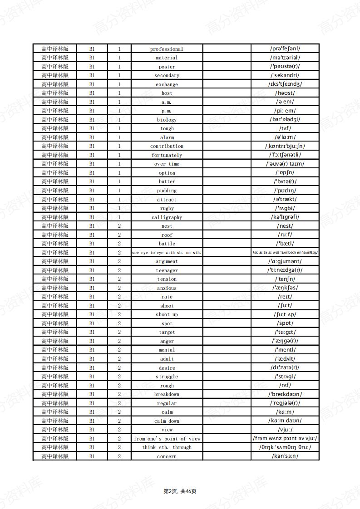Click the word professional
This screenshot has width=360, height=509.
[x=167, y=49]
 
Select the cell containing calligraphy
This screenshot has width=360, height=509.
[x=167, y=217]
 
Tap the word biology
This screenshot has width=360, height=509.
[x=167, y=120]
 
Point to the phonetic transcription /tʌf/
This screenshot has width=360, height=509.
[x=285, y=128]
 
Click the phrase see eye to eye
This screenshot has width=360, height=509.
[x=167, y=253]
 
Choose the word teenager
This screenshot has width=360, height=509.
[x=167, y=270]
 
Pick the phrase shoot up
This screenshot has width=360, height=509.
[x=167, y=314]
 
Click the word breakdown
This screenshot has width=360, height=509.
[x=167, y=394]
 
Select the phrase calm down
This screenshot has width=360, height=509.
[x=167, y=421]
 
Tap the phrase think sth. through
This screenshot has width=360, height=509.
[x=167, y=447]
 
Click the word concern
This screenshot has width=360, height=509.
[x=167, y=456]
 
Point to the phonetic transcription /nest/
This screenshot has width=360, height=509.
[x=285, y=226]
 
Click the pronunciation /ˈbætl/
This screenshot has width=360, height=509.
[x=285, y=244]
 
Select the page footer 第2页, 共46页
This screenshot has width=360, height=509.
[x=180, y=491]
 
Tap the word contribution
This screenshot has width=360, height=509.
[x=167, y=146]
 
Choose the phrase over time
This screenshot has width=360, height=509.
[x=167, y=164]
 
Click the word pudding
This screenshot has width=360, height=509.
[x=167, y=191]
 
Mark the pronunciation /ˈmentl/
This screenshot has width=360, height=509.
[x=285, y=350]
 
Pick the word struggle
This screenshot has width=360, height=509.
[x=167, y=377]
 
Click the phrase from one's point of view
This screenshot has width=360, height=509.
[x=167, y=439]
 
